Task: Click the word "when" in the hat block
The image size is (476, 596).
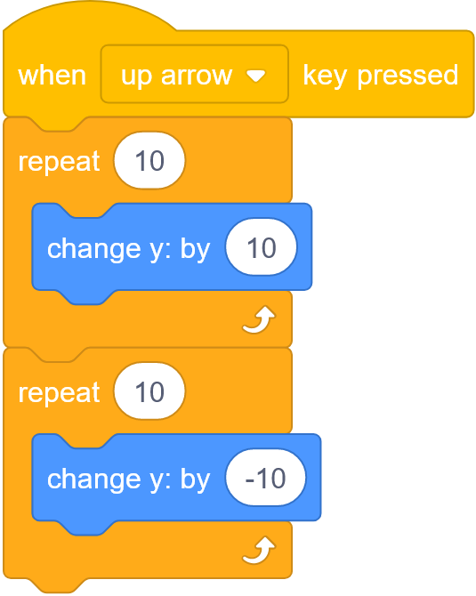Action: pos(52,76)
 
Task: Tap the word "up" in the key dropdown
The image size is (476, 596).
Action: pos(136,77)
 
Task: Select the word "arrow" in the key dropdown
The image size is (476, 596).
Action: pos(196,76)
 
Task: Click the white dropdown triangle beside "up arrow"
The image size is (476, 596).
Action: pos(256,76)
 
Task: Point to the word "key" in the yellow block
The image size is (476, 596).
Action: pos(325,77)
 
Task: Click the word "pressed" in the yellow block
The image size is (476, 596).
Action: pos(407,77)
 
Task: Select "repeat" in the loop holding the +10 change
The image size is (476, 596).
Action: pos(59,162)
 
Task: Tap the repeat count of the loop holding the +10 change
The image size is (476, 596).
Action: pos(149,160)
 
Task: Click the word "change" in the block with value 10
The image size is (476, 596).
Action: pos(94,250)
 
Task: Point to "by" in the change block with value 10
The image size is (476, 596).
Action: pos(195,250)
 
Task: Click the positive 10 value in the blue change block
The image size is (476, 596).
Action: pos(262,246)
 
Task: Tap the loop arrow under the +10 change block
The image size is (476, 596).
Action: pos(259,319)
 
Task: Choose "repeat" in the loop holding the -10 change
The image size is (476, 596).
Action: pos(59,393)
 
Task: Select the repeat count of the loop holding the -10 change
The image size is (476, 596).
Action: pos(149,391)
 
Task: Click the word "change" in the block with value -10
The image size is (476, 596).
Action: pos(94,480)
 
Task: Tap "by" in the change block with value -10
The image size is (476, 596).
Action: pos(195,480)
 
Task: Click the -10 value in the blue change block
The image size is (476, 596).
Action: pos(265,478)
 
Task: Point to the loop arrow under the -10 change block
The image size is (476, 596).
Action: pos(259,551)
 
